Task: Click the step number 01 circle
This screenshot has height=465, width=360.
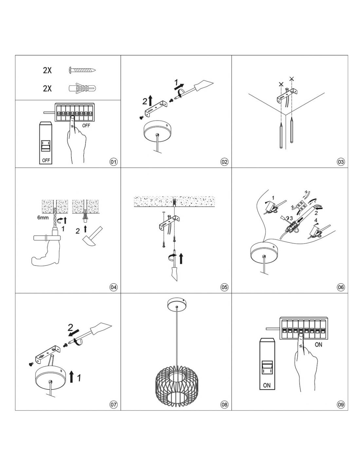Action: coord(114,162)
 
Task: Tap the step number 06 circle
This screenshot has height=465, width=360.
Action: coord(341,287)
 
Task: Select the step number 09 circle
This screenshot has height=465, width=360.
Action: coord(341,405)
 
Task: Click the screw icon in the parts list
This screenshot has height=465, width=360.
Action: coord(82,70)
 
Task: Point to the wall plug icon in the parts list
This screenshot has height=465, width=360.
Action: coord(82,88)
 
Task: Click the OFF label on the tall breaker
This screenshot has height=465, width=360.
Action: coord(46,160)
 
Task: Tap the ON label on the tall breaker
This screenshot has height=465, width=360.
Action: coord(267,386)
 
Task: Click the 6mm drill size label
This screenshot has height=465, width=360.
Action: coord(43,218)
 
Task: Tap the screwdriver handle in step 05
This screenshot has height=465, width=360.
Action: coord(174,273)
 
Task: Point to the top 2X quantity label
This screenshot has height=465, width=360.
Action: coord(47,70)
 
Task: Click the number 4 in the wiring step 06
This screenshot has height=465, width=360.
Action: coord(316,220)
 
